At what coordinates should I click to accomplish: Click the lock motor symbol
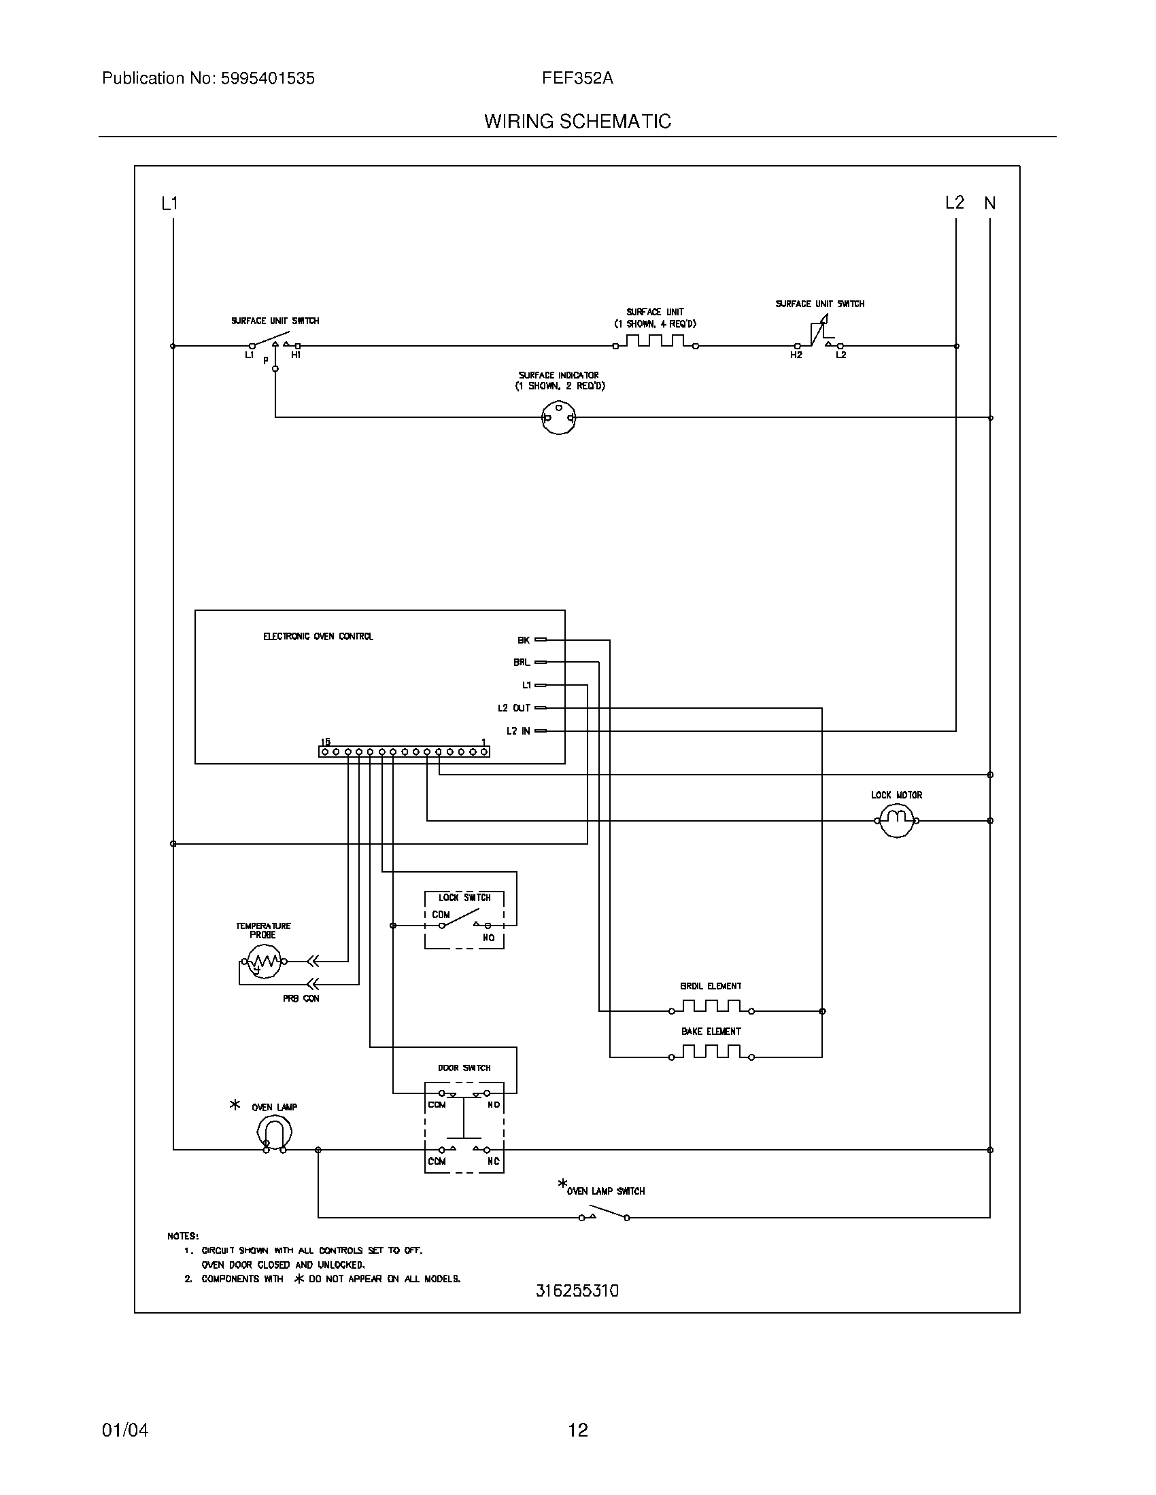pyautogui.click(x=896, y=820)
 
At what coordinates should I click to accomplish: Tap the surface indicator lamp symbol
pyautogui.click(x=558, y=417)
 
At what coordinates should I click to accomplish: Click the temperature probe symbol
pyautogui.click(x=264, y=961)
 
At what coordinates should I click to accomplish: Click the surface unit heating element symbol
pyautogui.click(x=656, y=342)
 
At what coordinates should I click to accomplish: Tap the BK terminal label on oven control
pyautogui.click(x=523, y=640)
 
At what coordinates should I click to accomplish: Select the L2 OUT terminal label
pyautogui.click(x=513, y=708)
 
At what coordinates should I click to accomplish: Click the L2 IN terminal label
pyautogui.click(x=517, y=731)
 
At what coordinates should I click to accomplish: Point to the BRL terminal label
pyautogui.click(x=521, y=663)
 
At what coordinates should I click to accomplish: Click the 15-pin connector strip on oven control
pyautogui.click(x=404, y=752)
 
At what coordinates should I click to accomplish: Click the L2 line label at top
pyautogui.click(x=954, y=203)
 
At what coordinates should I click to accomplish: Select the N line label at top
pyautogui.click(x=989, y=203)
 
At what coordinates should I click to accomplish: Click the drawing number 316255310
pyautogui.click(x=577, y=1290)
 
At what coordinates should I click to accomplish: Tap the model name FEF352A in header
pyautogui.click(x=577, y=79)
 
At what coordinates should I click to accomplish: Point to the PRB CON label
pyautogui.click(x=301, y=999)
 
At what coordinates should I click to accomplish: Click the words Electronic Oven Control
pyautogui.click(x=318, y=637)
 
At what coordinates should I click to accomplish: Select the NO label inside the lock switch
pyautogui.click(x=488, y=937)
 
